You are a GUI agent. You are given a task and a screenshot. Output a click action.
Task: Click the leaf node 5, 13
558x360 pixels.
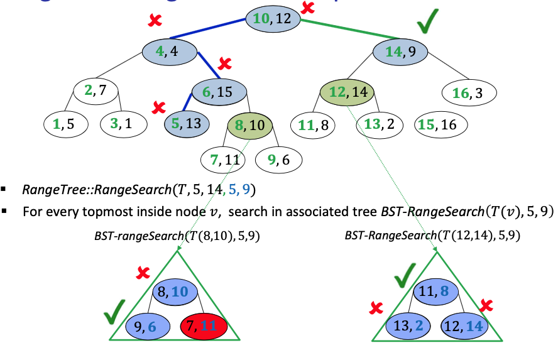coord(187,123)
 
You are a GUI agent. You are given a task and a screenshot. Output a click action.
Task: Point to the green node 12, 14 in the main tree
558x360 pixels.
coord(347,92)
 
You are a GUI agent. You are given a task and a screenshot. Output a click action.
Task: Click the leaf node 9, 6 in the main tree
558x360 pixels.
coord(280,160)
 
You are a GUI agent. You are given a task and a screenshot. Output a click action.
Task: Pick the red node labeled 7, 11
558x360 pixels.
coord(202,326)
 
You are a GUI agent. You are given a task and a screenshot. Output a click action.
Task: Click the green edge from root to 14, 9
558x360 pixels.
coord(352,30)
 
